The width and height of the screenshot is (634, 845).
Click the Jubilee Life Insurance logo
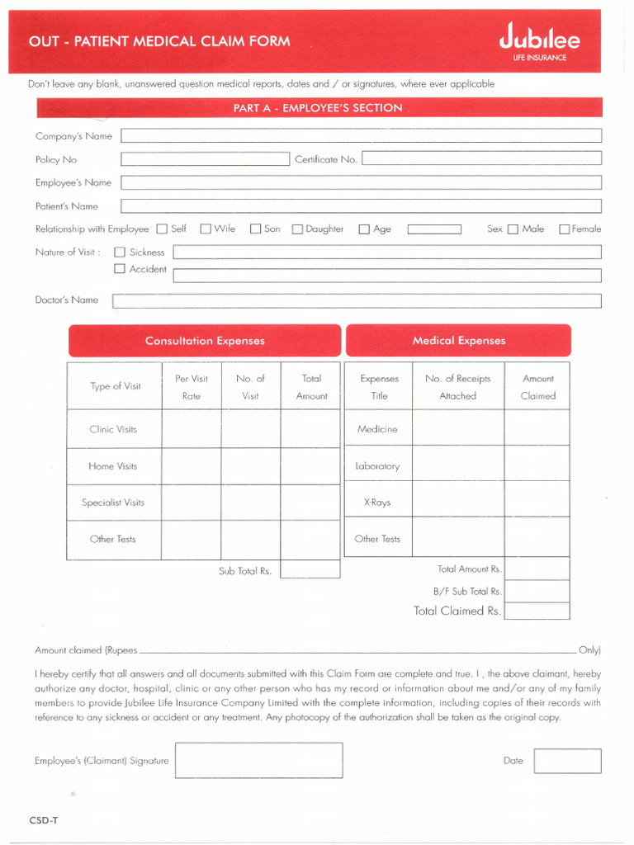[x=539, y=42]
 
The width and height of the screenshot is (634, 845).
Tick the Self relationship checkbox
[x=162, y=229]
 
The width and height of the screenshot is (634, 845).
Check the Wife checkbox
[x=206, y=229]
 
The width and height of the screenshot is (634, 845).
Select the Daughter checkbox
[x=297, y=229]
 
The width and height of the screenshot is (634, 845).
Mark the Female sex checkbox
[x=565, y=229]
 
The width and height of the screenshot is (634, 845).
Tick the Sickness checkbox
[x=120, y=253]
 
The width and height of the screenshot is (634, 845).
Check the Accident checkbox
[x=120, y=269]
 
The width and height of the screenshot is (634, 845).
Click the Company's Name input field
[x=361, y=136]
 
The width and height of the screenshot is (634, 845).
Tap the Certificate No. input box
[x=481, y=159]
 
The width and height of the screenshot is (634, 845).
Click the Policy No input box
[x=204, y=159]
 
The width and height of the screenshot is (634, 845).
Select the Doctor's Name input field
[x=357, y=301]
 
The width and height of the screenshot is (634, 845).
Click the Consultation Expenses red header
[x=205, y=341]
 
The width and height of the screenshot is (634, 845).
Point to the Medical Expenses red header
[x=458, y=341]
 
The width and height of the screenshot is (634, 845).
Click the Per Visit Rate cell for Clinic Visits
[x=191, y=429]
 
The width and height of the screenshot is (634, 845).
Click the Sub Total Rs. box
[x=310, y=569]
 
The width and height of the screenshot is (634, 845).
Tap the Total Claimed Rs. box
[x=537, y=611]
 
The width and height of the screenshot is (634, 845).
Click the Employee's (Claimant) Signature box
[x=258, y=760]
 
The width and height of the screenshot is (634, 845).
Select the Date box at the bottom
[x=567, y=761]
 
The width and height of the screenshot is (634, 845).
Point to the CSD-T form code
[x=44, y=820]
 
